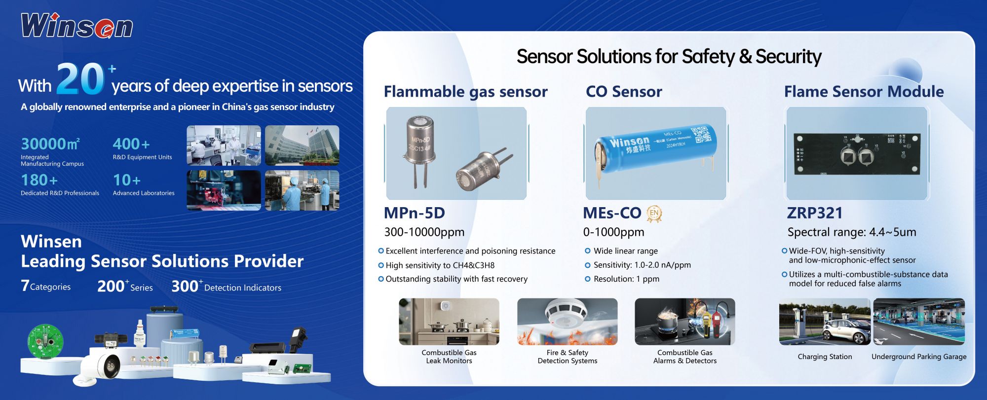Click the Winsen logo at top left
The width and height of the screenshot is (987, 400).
tap(77, 26)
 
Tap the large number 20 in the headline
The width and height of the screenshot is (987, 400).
tap(80, 79)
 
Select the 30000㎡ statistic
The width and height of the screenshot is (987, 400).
tap(50, 144)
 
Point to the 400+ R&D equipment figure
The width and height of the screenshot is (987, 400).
tap(131, 144)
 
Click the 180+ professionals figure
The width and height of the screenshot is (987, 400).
tap(39, 180)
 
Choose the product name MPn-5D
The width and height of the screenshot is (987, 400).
tap(414, 213)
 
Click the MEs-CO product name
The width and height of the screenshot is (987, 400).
tap(612, 213)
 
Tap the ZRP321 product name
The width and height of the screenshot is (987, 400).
tap(815, 213)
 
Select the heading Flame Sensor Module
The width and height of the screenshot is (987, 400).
tap(864, 91)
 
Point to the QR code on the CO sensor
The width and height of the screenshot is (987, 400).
tap(702, 135)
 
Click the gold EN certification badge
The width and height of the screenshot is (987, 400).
tap(654, 214)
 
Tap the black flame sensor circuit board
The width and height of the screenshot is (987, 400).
tap(857, 154)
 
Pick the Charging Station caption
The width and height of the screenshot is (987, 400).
tap(825, 357)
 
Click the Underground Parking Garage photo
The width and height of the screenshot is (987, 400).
tap(919, 322)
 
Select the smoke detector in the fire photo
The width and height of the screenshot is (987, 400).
tap(566, 314)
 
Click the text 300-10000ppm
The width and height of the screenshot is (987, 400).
tap(424, 232)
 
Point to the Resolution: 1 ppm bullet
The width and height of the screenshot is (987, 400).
tap(622, 279)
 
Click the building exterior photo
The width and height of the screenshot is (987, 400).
tap(302, 145)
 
